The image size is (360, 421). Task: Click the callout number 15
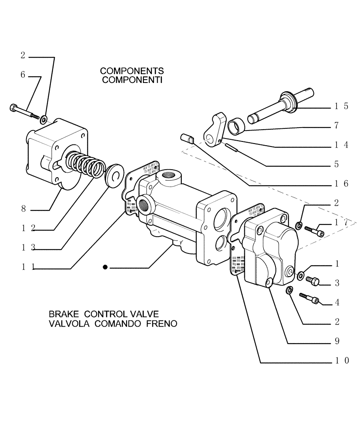click(x=341, y=106)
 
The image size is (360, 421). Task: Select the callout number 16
click(x=341, y=184)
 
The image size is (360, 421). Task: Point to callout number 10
click(x=341, y=360)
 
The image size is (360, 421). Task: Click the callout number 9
click(x=337, y=341)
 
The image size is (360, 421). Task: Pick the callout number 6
click(x=23, y=75)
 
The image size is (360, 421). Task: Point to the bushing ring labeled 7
click(x=236, y=125)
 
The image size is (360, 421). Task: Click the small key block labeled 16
click(x=186, y=138)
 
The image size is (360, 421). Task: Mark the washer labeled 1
click(x=301, y=276)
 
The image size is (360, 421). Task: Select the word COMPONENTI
click(x=132, y=80)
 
